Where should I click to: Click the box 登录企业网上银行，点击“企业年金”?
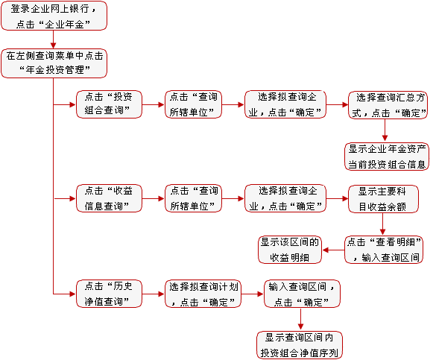point(54,16)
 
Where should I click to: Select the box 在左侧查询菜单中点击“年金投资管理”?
point(54,63)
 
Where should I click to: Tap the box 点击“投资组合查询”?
point(109,104)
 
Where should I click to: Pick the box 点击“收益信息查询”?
point(109,198)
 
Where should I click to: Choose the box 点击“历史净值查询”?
point(109,294)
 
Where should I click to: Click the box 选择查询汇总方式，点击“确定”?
point(388,105)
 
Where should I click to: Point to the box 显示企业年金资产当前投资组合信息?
point(387,157)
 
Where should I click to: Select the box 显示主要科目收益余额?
point(383,199)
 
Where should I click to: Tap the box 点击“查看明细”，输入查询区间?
point(384,250)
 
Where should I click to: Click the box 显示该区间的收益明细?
point(290,250)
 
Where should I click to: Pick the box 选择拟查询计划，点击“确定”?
point(203,294)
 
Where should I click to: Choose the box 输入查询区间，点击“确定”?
point(302,294)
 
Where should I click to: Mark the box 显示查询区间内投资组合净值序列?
point(300,345)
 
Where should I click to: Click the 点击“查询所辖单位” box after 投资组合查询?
point(193,104)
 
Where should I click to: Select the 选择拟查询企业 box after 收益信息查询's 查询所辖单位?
point(285,198)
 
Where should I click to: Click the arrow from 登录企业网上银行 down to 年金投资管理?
point(54,40)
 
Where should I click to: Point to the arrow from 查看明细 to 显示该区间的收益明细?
point(333,250)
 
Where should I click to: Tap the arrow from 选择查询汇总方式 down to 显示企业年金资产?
point(385,130)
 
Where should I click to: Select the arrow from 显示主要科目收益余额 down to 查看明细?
point(382,224)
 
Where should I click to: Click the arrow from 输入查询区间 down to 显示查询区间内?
point(300,319)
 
